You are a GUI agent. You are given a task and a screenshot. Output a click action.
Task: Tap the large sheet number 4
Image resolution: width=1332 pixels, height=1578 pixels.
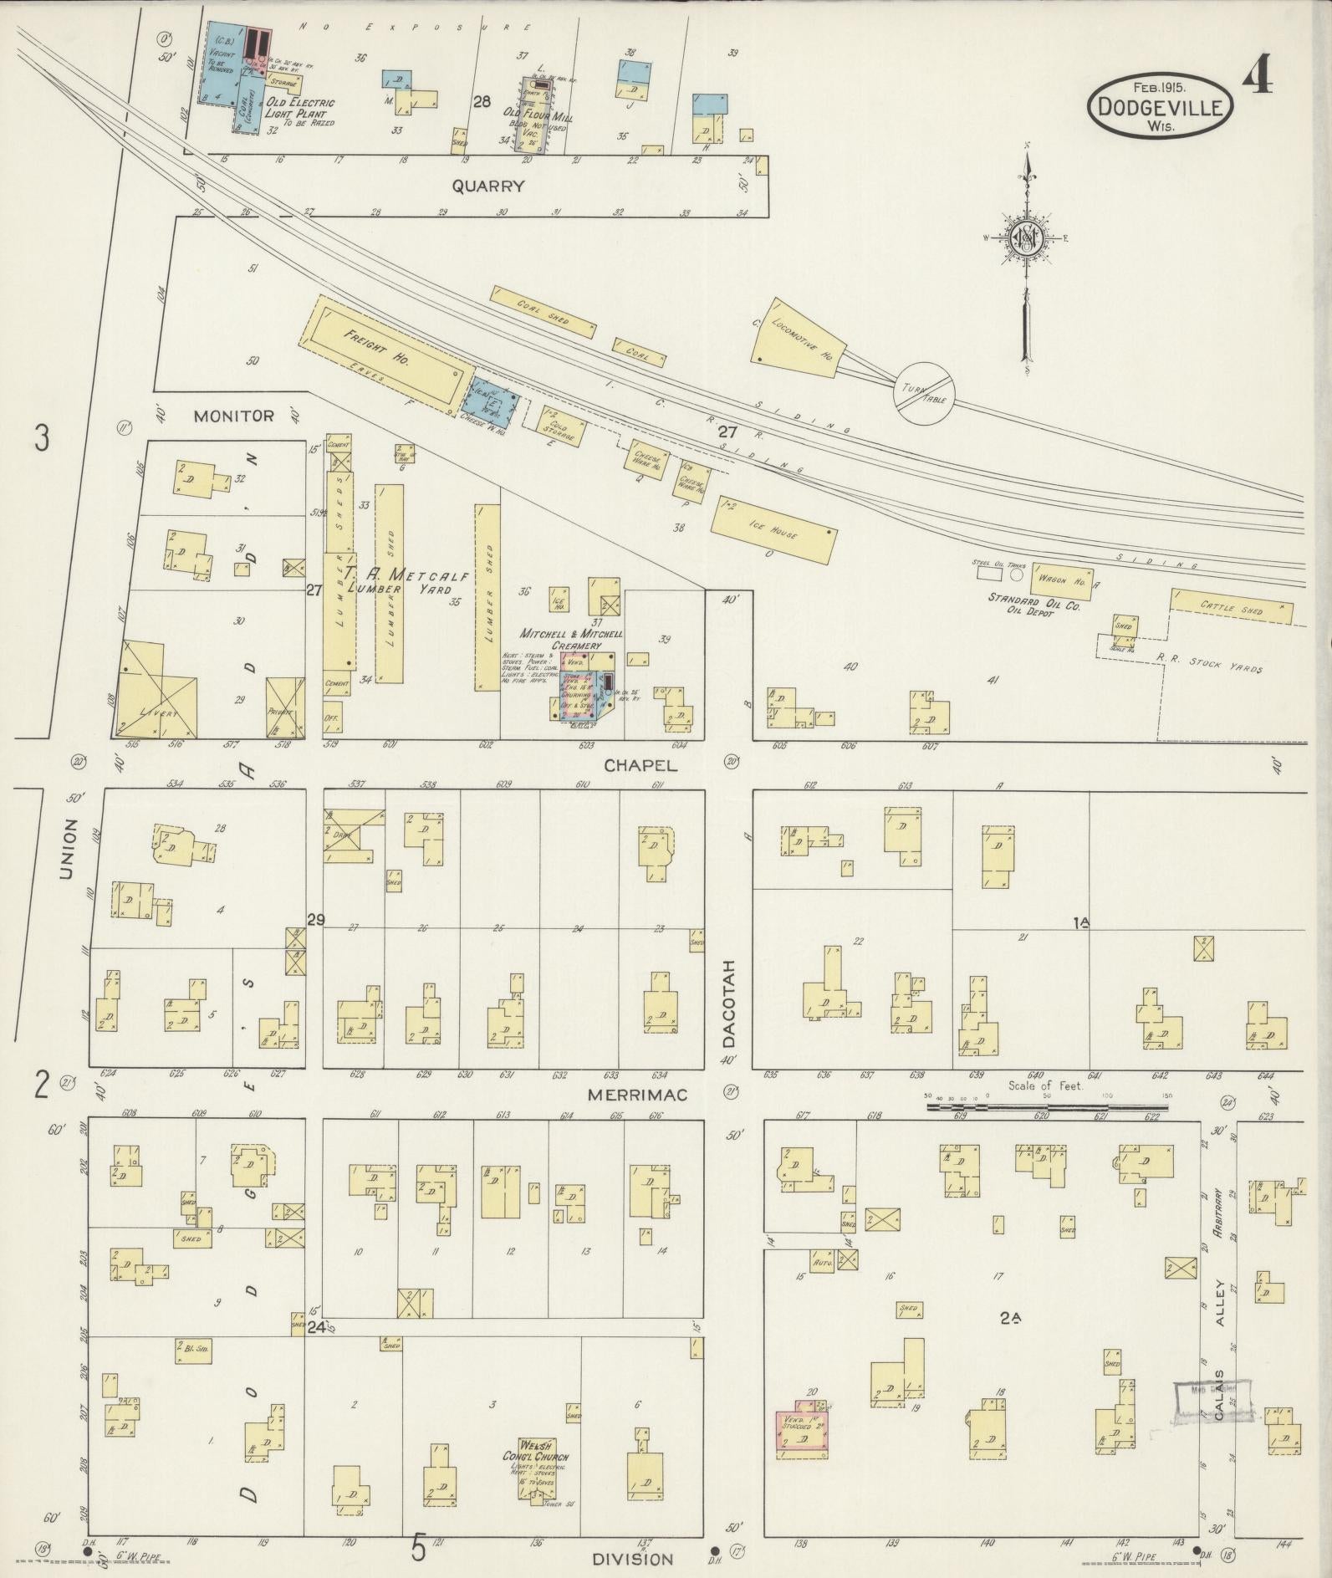click(x=1257, y=79)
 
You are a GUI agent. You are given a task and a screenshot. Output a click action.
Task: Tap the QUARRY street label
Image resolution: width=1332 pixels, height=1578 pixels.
click(x=487, y=186)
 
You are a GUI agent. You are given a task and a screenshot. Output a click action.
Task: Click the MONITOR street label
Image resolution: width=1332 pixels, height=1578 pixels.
click(x=234, y=416)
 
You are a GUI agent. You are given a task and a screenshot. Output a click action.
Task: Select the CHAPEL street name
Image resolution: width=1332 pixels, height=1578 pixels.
click(x=640, y=765)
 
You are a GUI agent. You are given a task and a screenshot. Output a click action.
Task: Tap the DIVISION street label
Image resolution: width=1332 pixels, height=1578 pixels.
click(x=632, y=1559)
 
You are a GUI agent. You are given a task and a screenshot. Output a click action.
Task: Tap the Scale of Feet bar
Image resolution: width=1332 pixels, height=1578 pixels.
click(x=1047, y=1107)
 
